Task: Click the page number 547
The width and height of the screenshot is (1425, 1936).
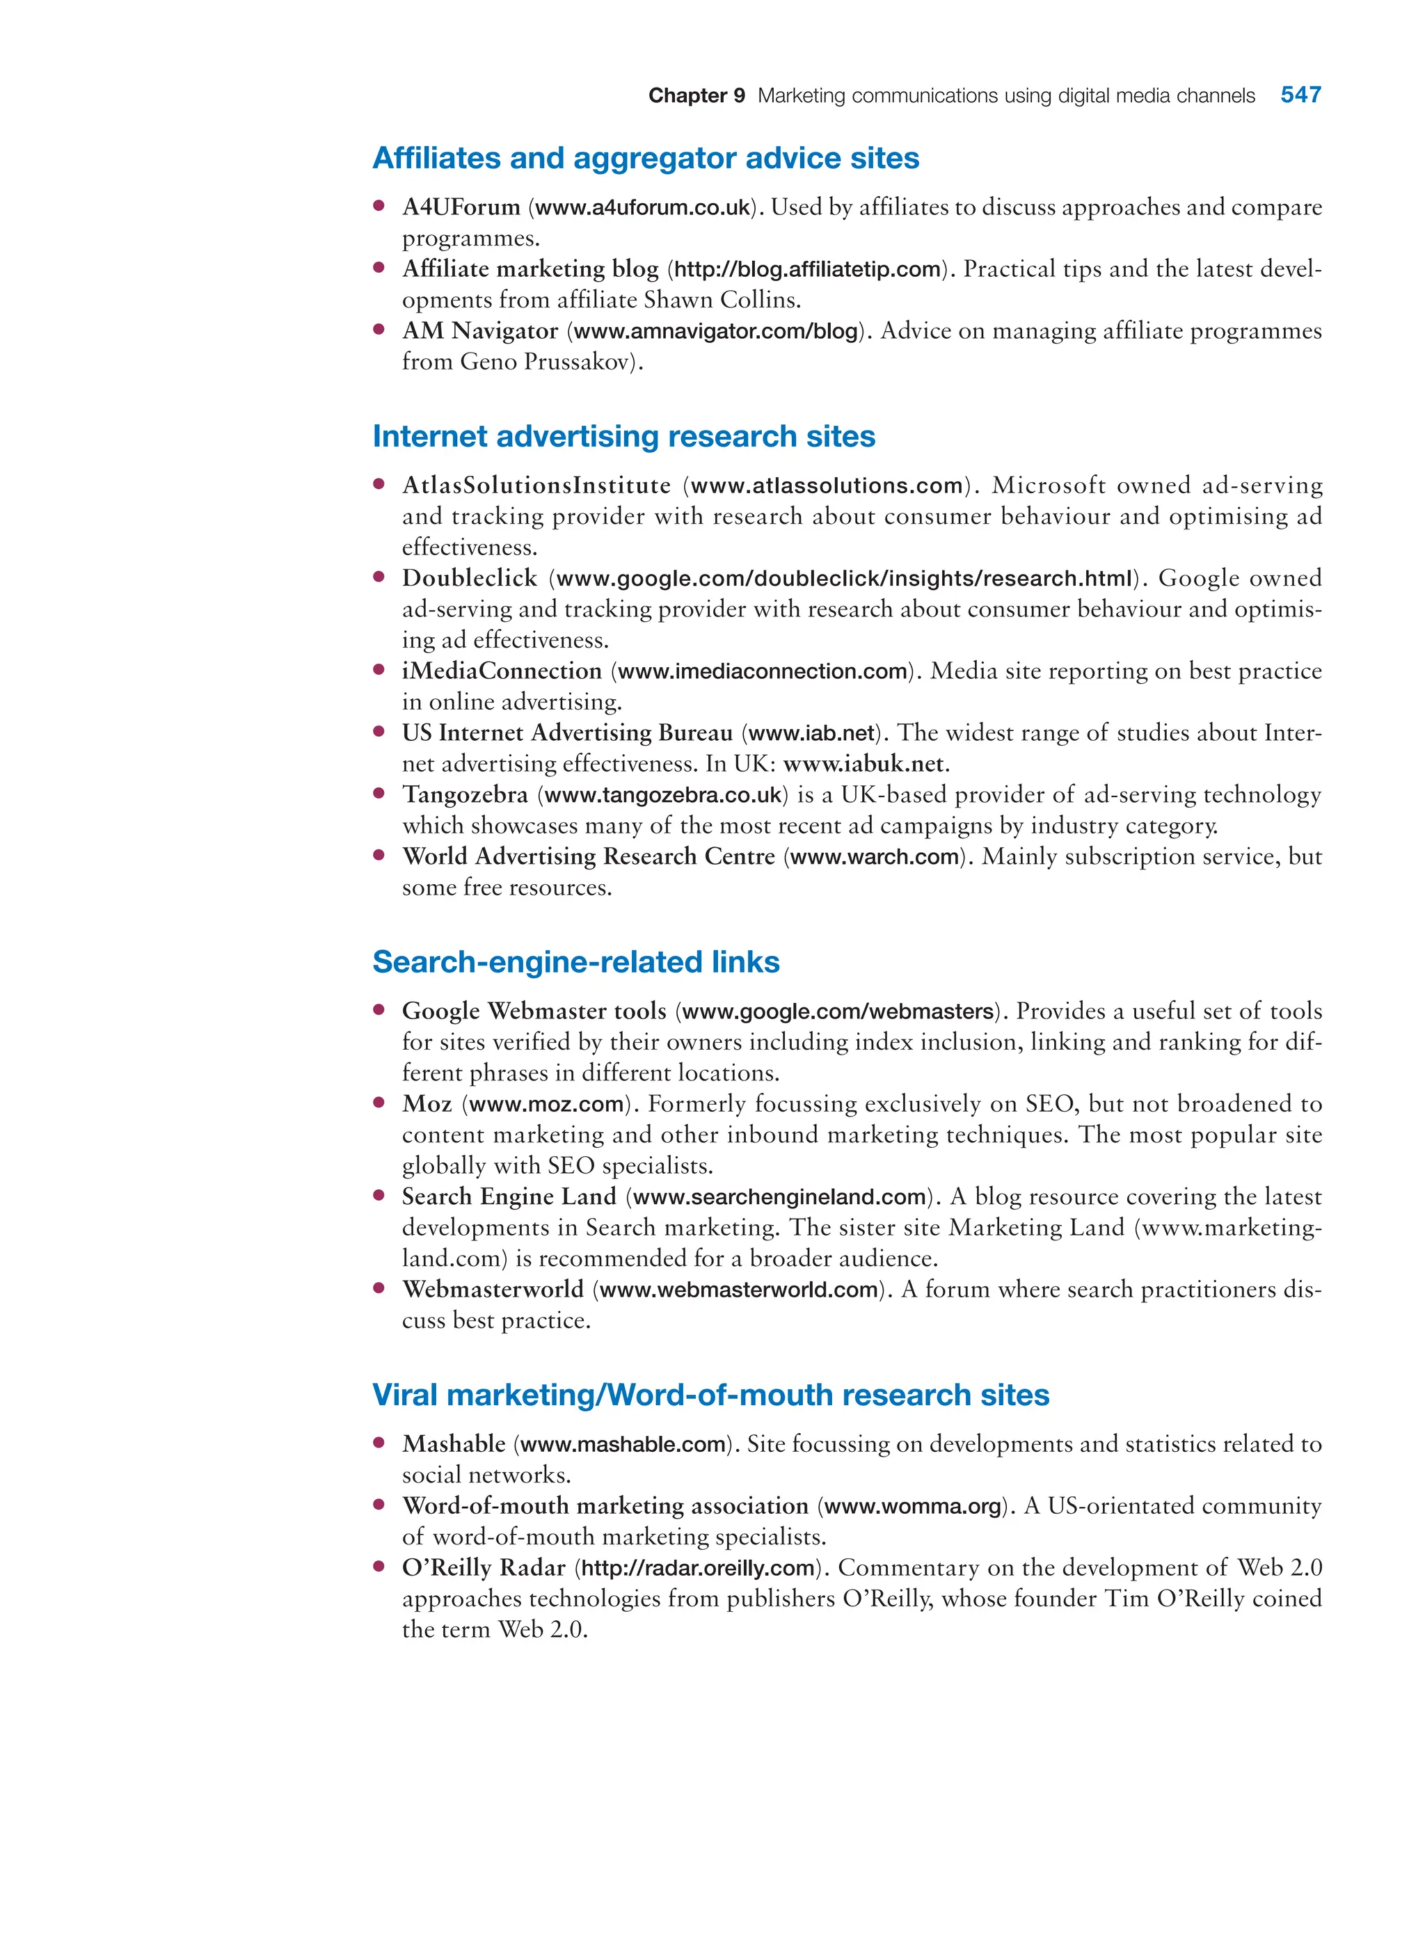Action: pos(1300,95)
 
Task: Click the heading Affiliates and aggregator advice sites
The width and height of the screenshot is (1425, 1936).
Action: pos(645,159)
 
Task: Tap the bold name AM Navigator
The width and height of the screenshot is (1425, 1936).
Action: pos(479,331)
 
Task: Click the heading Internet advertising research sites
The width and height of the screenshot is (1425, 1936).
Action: pos(623,436)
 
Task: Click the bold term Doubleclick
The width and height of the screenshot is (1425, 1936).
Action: pos(469,579)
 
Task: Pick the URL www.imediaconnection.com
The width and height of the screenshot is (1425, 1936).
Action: pos(763,671)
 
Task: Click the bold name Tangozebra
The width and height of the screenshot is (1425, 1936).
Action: pos(465,794)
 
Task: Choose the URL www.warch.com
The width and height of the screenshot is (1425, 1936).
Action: pos(875,857)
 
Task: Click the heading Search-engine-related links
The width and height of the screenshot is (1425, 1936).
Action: pos(575,961)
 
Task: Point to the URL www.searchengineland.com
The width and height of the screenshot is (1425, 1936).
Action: pos(779,1197)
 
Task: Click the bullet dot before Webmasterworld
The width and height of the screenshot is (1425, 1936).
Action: pos(378,1288)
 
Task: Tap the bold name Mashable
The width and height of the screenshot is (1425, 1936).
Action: pos(454,1444)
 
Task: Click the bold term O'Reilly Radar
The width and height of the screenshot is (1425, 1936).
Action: pos(483,1568)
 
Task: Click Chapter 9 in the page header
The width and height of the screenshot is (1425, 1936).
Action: pos(696,96)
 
